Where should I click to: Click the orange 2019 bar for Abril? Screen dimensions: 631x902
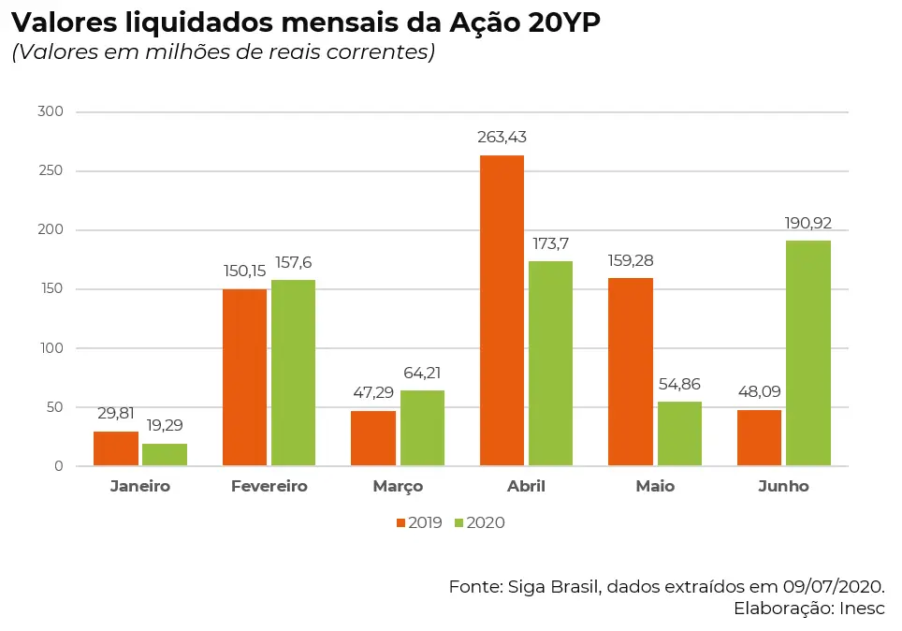[502, 310]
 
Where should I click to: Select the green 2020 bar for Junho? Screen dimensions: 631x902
[807, 353]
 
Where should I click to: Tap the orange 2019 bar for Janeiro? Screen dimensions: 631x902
[116, 448]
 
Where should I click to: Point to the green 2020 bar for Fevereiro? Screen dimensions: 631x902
[293, 373]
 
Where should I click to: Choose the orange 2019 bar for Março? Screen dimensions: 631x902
[373, 438]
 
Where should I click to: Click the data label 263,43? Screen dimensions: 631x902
[502, 138]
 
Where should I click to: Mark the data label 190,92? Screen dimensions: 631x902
[807, 223]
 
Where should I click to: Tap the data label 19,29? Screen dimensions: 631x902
[165, 425]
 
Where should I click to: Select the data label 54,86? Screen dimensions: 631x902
[679, 384]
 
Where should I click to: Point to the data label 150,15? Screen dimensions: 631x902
[244, 271]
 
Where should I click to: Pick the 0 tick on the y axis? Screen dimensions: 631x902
[58, 466]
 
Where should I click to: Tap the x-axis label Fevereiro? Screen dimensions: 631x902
[269, 487]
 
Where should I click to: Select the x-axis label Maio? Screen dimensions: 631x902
[655, 487]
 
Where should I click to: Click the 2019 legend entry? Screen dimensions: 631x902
[418, 522]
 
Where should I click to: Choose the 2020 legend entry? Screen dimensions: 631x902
[479, 522]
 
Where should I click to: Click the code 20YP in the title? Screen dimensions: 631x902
[563, 23]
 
